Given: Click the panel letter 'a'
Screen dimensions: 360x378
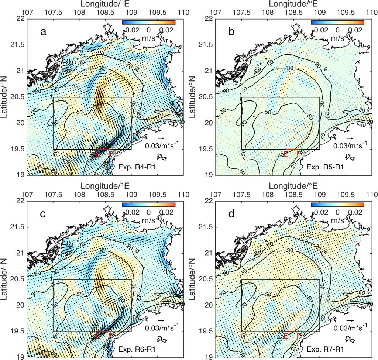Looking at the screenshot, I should (x=44, y=32).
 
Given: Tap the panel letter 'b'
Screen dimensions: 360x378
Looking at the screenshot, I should (x=232, y=32).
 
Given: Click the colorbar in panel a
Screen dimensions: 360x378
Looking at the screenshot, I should (x=148, y=22).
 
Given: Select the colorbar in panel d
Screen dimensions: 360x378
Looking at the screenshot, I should (x=337, y=204).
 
